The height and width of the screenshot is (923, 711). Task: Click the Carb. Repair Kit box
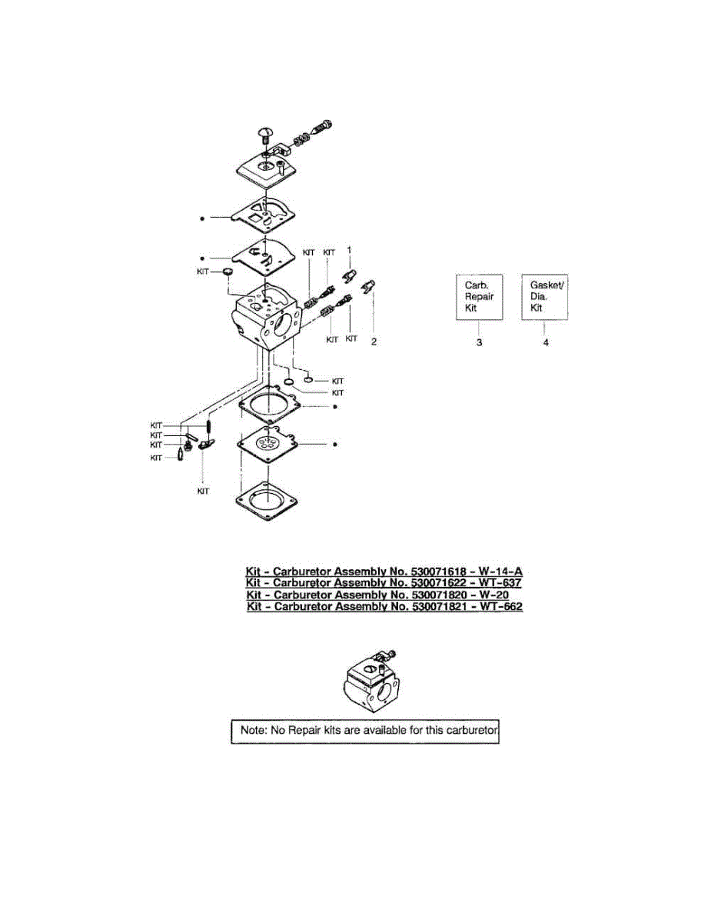click(x=480, y=296)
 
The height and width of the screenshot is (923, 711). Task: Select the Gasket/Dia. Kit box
click(x=545, y=296)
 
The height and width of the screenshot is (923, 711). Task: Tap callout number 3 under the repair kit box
click(x=479, y=343)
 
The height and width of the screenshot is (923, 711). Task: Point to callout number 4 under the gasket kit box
click(x=546, y=343)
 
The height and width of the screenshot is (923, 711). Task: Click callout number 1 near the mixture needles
click(x=349, y=251)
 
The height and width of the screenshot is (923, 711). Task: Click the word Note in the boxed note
click(x=253, y=730)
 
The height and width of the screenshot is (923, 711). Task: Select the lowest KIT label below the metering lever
click(x=203, y=491)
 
